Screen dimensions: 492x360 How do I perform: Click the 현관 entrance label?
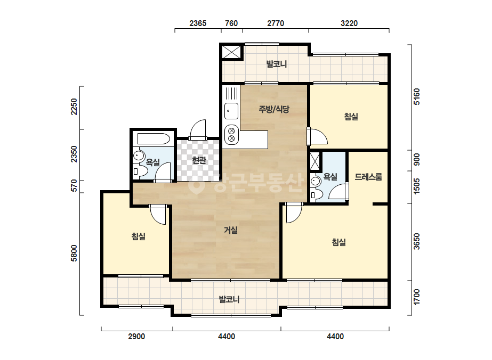pos(199,160)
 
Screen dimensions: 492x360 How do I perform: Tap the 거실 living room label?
pos(231,230)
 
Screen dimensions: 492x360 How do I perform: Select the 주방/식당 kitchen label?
pos(273,109)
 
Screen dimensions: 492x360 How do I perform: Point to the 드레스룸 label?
pos(368,177)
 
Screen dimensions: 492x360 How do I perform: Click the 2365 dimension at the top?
pos(198,23)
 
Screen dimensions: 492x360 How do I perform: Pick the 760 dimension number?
pos(231,23)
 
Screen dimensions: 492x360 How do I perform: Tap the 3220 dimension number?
pos(349,23)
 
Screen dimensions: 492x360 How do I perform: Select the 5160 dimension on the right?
pos(416,96)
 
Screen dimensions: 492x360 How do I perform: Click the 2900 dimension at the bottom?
pos(136,337)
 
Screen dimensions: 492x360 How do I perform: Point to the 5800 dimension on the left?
pos(74,253)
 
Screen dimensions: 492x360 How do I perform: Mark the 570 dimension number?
pos(74,185)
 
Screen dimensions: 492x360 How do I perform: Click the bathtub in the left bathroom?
pos(154,139)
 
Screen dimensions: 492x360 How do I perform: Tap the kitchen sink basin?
pos(231,111)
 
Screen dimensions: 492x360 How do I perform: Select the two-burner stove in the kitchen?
pos(231,135)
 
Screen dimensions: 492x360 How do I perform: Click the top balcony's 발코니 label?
pos(277,64)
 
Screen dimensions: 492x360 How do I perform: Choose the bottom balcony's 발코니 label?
pos(229,299)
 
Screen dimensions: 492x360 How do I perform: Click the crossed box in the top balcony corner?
pos(231,52)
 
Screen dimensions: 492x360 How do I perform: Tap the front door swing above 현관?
pos(198,129)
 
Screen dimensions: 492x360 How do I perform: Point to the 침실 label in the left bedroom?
pos(139,236)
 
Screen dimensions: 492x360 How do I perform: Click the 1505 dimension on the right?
pos(416,186)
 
